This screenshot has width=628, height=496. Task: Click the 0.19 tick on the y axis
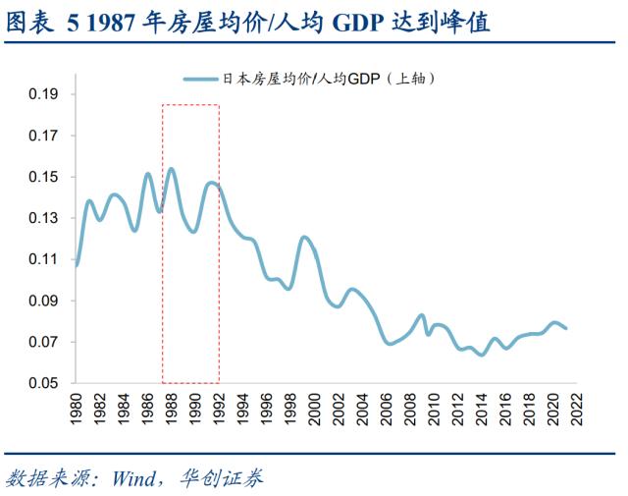click(x=44, y=94)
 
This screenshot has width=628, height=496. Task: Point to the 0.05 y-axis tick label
click(x=44, y=383)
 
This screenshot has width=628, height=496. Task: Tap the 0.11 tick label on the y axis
click(x=44, y=259)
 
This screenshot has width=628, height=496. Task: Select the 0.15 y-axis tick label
click(x=44, y=177)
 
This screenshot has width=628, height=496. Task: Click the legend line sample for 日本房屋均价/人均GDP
click(x=200, y=77)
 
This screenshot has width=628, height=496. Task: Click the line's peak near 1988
click(x=172, y=169)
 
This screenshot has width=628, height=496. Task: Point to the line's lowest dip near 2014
click(x=482, y=355)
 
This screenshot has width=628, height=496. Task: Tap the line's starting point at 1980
click(x=77, y=265)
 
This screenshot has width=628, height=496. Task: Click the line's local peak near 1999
click(x=304, y=237)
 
